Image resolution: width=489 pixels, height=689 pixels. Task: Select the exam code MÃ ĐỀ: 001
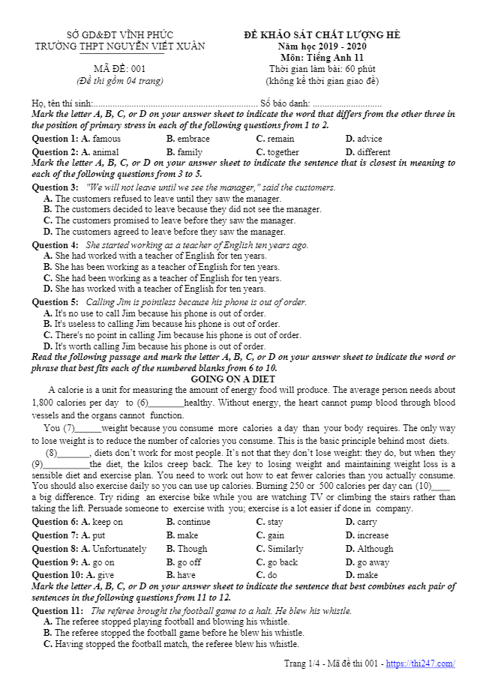(x=119, y=69)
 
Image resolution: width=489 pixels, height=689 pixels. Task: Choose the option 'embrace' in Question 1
(x=193, y=139)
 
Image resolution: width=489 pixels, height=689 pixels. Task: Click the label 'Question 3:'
(x=55, y=187)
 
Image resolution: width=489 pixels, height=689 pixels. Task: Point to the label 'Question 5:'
(x=55, y=302)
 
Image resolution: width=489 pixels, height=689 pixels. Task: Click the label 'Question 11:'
(x=57, y=611)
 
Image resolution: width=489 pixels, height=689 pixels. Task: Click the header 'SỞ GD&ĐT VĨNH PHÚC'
(x=120, y=35)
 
